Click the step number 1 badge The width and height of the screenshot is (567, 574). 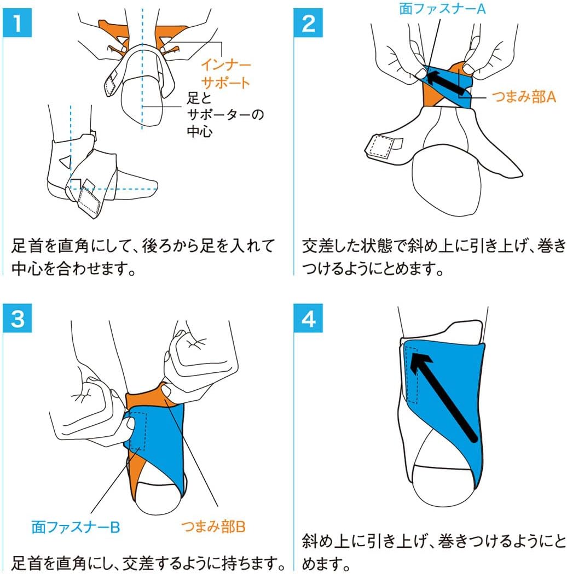(17, 23)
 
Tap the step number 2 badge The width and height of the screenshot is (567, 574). (308, 23)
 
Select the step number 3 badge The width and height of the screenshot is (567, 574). (17, 318)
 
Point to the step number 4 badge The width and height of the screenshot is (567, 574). (308, 318)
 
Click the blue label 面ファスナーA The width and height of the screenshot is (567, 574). (442, 8)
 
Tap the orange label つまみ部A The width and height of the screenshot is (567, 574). (523, 97)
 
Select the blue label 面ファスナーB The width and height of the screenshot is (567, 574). (76, 527)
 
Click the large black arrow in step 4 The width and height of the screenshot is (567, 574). (443, 397)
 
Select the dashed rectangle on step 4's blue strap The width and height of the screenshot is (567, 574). (412, 375)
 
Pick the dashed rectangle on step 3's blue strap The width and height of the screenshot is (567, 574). (138, 431)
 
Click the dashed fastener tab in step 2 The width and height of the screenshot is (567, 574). (380, 147)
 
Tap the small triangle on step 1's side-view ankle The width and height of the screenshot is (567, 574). (66, 161)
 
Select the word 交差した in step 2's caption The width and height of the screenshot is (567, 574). (328, 247)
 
